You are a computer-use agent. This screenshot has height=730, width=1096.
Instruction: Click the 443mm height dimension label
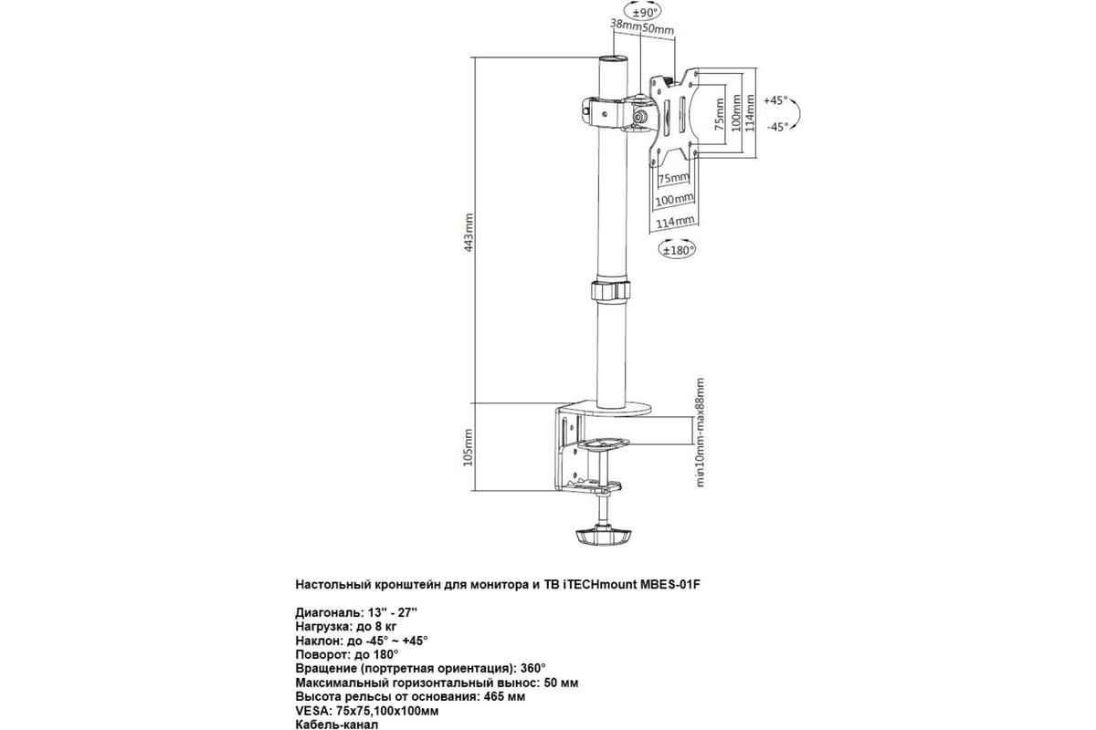tap(469, 233)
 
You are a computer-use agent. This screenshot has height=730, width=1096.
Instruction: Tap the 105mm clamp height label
tap(469, 447)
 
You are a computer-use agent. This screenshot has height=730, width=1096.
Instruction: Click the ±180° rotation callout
tap(677, 250)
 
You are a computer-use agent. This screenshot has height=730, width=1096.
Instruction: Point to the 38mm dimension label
tap(626, 24)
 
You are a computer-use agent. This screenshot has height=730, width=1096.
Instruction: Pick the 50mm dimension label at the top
tap(659, 29)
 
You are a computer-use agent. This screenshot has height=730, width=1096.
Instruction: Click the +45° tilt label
tap(775, 100)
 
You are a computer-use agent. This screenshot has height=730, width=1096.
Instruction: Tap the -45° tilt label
tap(777, 127)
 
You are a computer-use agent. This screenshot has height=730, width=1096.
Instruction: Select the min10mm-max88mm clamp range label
tap(701, 433)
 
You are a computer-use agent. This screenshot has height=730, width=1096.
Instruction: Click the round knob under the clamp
tap(603, 537)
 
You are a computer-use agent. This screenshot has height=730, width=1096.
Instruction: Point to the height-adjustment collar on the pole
tap(611, 290)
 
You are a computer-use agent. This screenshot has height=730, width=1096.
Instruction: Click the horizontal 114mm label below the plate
tap(675, 222)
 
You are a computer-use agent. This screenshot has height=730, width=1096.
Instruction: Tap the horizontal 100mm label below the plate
tap(674, 200)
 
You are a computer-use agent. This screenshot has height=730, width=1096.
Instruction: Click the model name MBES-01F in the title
tap(670, 584)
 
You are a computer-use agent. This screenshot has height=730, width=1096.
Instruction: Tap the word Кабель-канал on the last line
tap(337, 725)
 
